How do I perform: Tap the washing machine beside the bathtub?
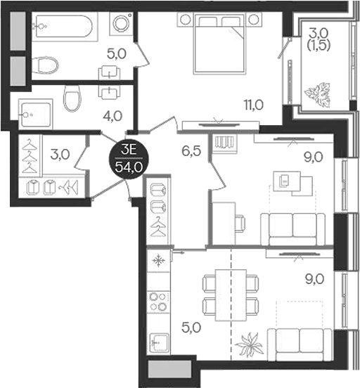click(x=121, y=24)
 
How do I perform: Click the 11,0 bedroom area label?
click(x=253, y=105)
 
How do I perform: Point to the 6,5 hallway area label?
click(x=191, y=150)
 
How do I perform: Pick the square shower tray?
click(x=36, y=115)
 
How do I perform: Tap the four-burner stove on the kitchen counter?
click(x=158, y=302)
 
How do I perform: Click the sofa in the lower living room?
click(x=303, y=342)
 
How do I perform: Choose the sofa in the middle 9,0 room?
click(x=292, y=227)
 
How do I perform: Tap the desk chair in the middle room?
click(x=240, y=223)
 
